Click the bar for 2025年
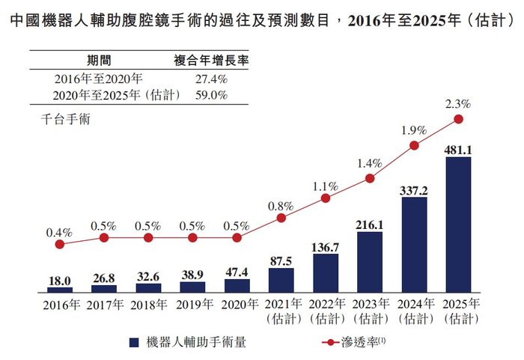458,224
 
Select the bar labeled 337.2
414,244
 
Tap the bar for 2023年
370,261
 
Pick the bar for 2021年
281,279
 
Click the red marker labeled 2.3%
458,119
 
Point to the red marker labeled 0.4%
60,244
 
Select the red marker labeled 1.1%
326,198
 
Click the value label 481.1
458,150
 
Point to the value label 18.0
60,280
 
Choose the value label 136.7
326,247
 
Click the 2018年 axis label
148,305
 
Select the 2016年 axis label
60,305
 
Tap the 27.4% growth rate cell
210,79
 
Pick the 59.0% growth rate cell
210,95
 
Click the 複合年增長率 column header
200,61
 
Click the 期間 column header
99,61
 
